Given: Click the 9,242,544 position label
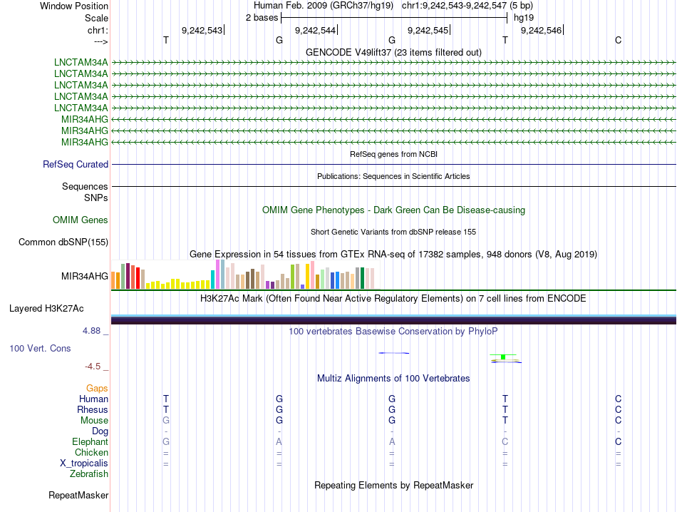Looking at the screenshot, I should coord(315,30).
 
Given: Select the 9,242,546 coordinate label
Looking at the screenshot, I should coord(542,30).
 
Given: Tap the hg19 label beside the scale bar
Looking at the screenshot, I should coord(524,18).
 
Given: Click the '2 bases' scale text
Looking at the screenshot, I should coord(261,18).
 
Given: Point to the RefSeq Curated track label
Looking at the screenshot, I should coord(76,165).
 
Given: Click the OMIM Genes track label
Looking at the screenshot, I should coord(81,220).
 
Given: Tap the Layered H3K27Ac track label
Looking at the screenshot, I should coord(46,309).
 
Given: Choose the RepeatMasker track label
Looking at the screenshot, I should coord(78,495).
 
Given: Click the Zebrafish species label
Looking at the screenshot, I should coord(89,473).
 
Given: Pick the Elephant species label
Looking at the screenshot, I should coord(90,442).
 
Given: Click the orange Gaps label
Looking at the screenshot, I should coord(97,389).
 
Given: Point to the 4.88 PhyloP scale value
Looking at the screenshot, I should coord(92,331).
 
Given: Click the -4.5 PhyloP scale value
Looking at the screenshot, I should coord(93,367).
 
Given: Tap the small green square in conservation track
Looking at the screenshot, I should coord(503,357).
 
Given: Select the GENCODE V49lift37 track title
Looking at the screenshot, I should coord(393,52).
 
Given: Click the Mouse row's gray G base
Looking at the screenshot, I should coord(166,421).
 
